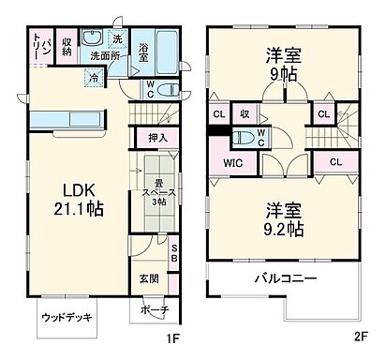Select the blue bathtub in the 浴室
pos(168,47)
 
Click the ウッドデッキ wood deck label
pos(67,317)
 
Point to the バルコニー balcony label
pos(284,279)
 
